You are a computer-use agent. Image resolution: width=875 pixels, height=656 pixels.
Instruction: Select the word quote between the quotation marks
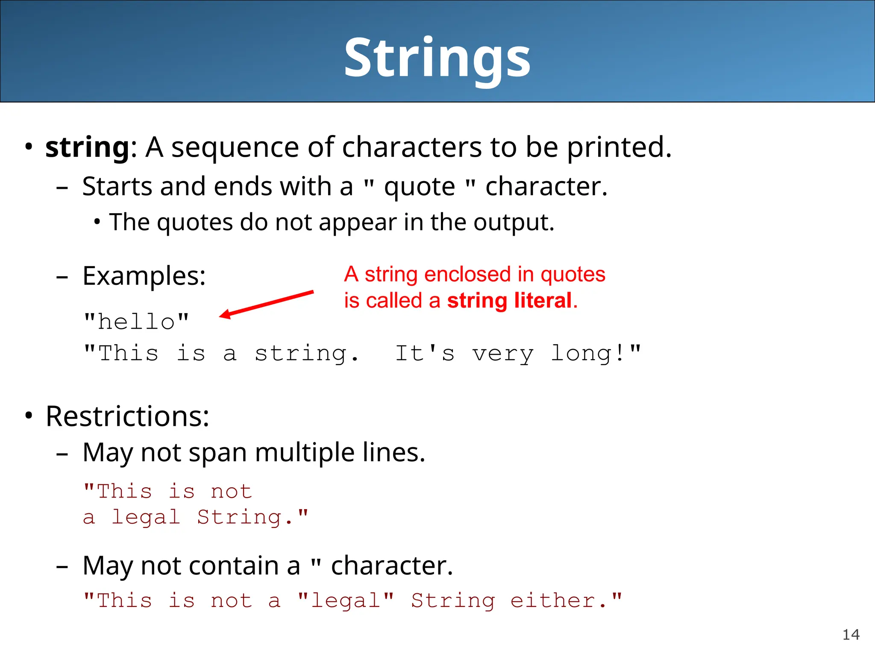420,187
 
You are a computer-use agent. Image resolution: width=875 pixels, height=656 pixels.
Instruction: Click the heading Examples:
144,276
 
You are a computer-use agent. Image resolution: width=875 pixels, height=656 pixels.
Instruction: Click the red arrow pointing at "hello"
267,304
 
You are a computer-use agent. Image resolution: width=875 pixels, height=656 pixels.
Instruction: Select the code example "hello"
136,322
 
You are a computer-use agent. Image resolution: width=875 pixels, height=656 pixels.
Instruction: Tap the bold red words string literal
509,300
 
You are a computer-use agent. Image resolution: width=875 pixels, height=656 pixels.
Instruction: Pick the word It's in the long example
425,354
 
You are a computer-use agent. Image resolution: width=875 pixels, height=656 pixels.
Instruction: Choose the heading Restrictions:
127,416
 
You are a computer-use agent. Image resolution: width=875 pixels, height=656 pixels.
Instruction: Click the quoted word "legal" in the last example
346,601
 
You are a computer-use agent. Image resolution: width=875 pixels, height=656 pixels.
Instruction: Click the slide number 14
851,635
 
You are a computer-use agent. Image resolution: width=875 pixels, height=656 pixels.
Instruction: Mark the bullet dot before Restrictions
29,415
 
